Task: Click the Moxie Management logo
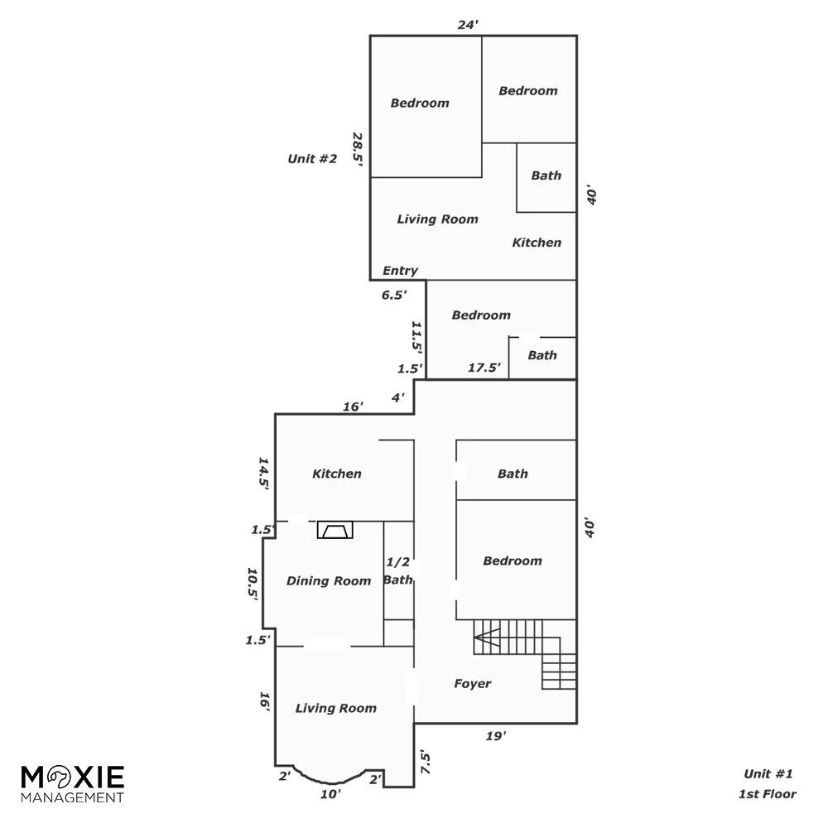tap(73, 783)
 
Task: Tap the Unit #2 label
tap(312, 158)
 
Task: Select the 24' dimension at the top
tap(468, 25)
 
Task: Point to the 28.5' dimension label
tap(358, 149)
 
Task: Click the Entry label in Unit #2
tap(400, 271)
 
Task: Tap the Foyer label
tap(473, 683)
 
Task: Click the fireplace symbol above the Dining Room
tap(335, 530)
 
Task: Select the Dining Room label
tap(329, 581)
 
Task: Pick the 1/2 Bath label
tap(398, 570)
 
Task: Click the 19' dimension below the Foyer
tap(496, 735)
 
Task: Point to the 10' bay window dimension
tap(330, 794)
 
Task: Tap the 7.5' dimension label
tap(426, 763)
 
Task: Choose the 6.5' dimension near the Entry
tap(394, 295)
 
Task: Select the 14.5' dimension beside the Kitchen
tap(263, 474)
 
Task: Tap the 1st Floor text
tap(768, 794)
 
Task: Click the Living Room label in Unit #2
tap(438, 219)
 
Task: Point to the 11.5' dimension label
tap(417, 337)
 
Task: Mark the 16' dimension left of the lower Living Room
tap(265, 702)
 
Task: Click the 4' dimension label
tap(397, 397)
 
